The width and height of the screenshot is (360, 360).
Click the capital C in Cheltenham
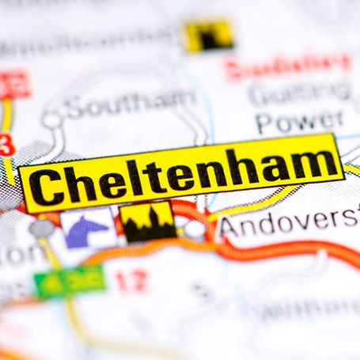pos(50,186)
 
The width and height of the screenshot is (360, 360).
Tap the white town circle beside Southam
pos(52,119)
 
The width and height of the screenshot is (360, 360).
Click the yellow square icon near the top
pos(209,35)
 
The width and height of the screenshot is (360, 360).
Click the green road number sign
pos(70,280)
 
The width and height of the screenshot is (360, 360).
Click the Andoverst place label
pos(290,224)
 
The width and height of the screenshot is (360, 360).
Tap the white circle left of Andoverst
pos(195,229)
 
